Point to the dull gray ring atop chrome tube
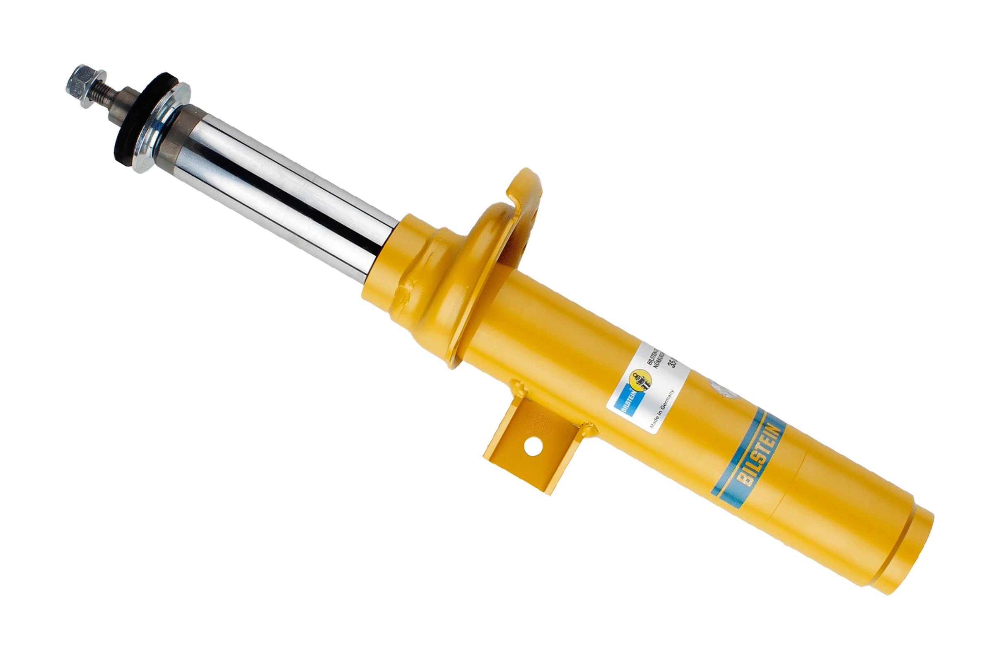[171, 140]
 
